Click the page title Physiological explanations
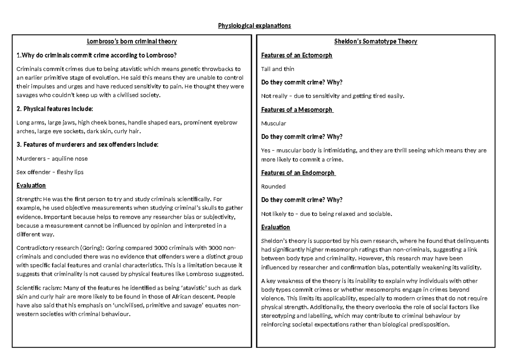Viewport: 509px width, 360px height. tap(255, 26)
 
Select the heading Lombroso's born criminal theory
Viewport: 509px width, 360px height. tap(132, 42)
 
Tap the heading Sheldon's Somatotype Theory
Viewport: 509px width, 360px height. tap(376, 42)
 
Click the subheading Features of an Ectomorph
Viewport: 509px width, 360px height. tap(296, 56)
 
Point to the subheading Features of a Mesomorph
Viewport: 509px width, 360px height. tap(297, 110)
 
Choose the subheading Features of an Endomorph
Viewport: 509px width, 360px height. tap(298, 173)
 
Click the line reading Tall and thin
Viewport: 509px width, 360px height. tap(278, 69)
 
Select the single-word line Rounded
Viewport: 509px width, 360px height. tap(274, 186)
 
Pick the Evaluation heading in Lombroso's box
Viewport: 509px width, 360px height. tap(31, 186)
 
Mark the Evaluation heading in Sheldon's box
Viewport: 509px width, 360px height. tap(276, 227)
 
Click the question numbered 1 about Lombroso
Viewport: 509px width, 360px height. tap(96, 55)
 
